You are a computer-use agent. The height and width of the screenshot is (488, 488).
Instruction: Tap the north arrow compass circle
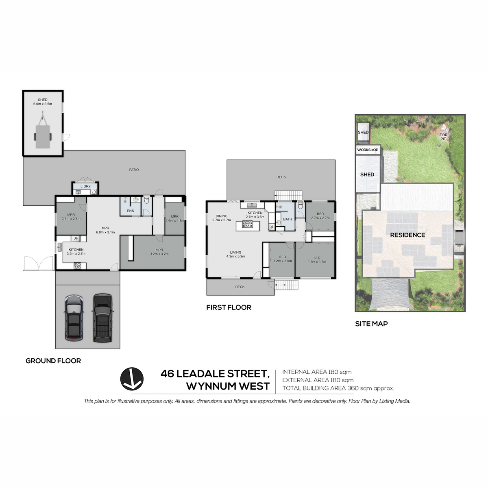(x=132, y=379)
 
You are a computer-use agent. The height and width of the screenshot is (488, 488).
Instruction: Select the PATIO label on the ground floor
(x=134, y=170)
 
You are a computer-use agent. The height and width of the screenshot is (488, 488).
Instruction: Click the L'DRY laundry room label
(x=85, y=186)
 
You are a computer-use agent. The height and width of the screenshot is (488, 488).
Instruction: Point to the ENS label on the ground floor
(x=131, y=211)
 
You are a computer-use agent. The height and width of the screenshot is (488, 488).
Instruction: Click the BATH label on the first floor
(x=288, y=219)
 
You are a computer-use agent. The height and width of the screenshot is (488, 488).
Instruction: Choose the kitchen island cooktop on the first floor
(x=247, y=224)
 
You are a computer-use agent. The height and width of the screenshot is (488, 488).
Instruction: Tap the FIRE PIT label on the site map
(x=443, y=137)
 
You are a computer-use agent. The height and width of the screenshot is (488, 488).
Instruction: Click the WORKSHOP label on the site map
(x=368, y=150)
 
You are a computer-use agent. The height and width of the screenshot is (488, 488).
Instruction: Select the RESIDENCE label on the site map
(x=407, y=235)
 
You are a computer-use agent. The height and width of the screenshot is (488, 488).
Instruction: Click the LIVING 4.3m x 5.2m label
(x=236, y=254)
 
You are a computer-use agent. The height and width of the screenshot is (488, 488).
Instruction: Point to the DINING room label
(x=222, y=216)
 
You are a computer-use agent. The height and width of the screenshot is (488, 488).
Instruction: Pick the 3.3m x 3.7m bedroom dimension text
(x=317, y=262)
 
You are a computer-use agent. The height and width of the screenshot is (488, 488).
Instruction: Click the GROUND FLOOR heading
(x=53, y=361)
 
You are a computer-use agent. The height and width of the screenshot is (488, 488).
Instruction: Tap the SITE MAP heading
(x=371, y=324)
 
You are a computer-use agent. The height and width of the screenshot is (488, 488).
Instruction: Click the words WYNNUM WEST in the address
(x=228, y=386)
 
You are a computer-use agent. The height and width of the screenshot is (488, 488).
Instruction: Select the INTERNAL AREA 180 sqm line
(x=317, y=372)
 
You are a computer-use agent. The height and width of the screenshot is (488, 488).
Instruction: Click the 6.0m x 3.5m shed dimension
(x=43, y=104)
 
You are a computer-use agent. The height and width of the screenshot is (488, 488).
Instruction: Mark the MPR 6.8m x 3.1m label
(x=105, y=230)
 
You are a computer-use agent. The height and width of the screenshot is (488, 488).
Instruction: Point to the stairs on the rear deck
(x=288, y=196)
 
